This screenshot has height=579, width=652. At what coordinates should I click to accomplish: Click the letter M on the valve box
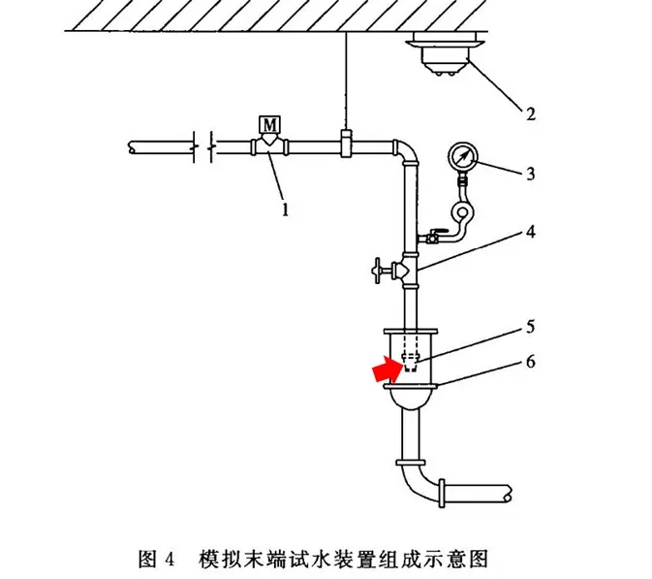click(x=268, y=123)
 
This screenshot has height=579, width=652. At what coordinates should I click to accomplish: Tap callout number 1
click(x=284, y=208)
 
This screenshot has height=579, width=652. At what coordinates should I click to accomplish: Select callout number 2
click(x=530, y=113)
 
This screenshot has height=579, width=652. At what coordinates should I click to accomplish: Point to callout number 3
click(x=530, y=175)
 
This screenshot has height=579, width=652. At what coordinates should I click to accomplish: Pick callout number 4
click(x=530, y=234)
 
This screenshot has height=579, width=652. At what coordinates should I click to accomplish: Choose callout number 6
click(x=530, y=363)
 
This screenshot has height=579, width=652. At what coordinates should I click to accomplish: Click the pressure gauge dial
click(x=464, y=155)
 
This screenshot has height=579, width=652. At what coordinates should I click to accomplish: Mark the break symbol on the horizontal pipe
click(x=201, y=147)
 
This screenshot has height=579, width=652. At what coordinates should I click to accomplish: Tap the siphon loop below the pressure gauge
click(x=463, y=213)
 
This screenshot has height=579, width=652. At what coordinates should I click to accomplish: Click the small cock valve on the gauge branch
click(x=433, y=236)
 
